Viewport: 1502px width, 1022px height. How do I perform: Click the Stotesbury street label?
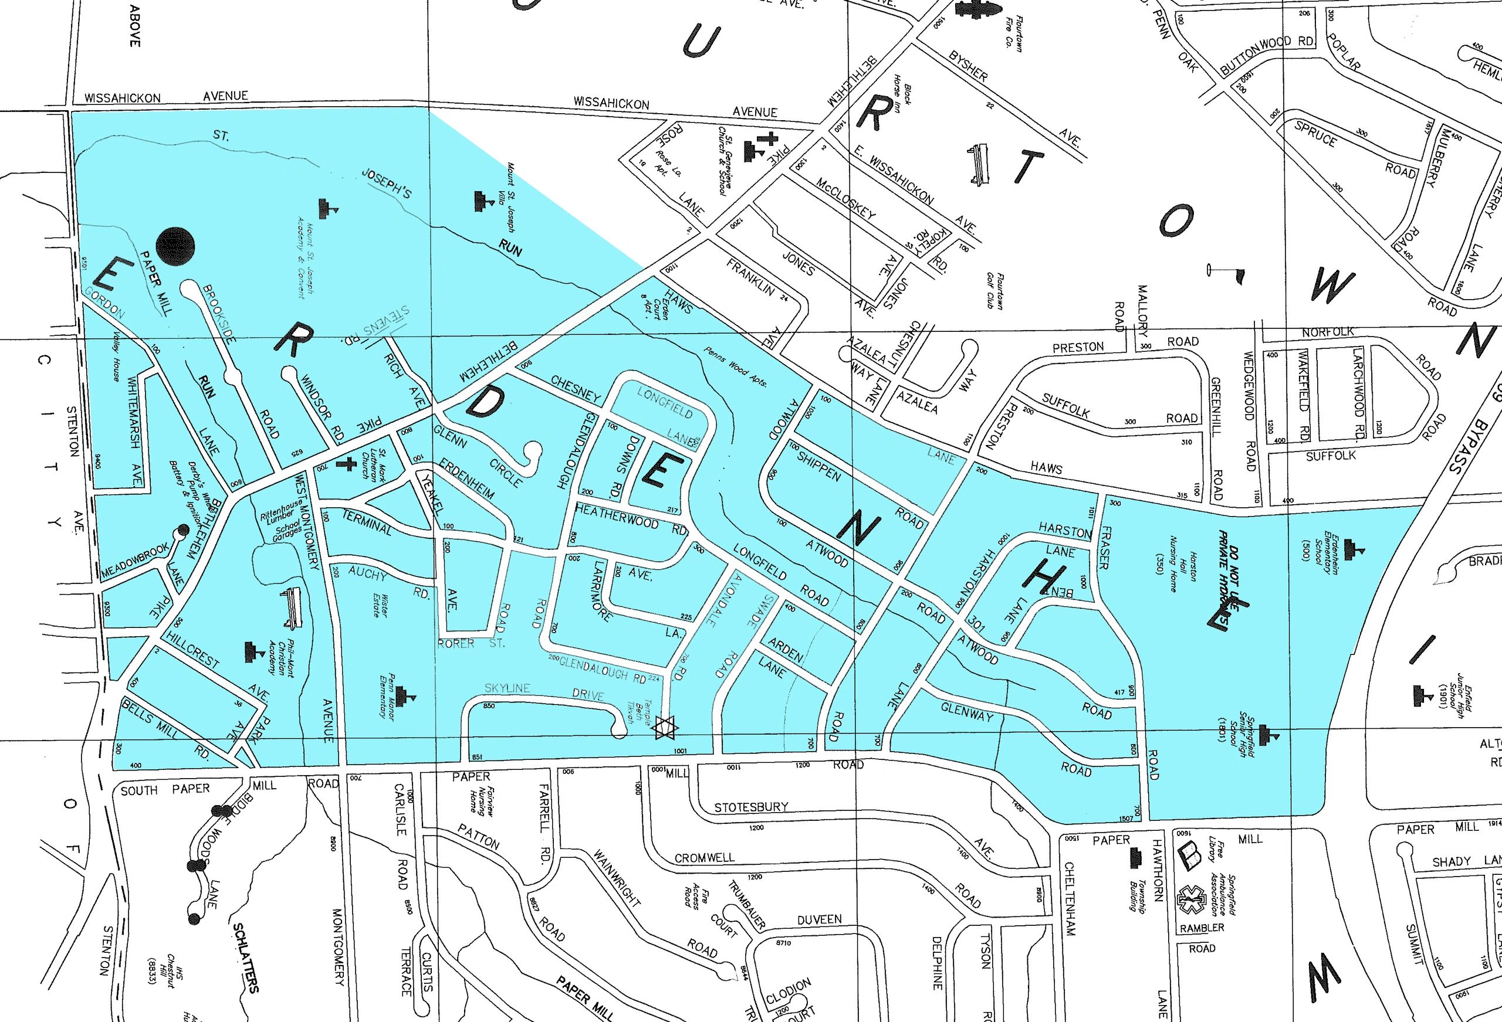751,807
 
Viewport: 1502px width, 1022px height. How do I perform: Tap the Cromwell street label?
705,858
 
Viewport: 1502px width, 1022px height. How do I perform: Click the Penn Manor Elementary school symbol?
407,696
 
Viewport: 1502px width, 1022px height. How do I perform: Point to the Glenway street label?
967,712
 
